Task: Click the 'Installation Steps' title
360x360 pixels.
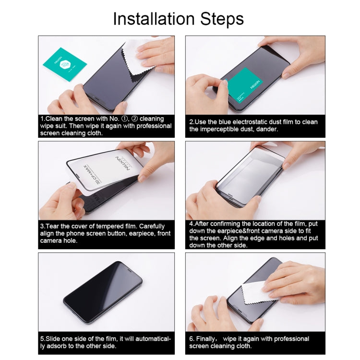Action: [x=178, y=19]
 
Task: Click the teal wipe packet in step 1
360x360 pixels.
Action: [x=64, y=64]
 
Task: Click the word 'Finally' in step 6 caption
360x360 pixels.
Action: [x=211, y=338]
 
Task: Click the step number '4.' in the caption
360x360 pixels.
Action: [x=192, y=224]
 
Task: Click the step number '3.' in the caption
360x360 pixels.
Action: [x=43, y=226]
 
